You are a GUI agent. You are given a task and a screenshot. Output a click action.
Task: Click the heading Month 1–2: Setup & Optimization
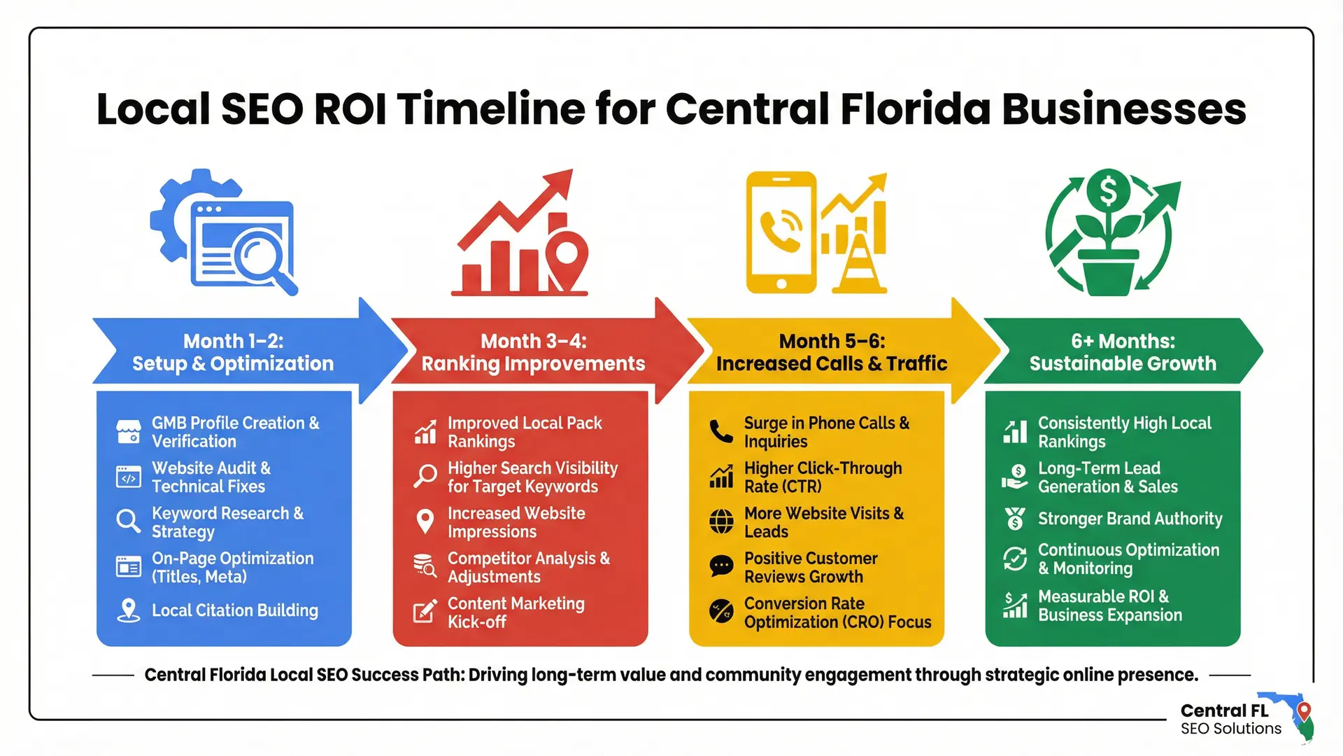[233, 352]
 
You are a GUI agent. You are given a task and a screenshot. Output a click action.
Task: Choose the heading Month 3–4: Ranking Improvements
[533, 352]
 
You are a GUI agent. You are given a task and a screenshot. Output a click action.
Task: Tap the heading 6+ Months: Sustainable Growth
[1123, 352]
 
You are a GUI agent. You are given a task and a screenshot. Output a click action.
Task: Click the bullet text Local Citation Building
[235, 610]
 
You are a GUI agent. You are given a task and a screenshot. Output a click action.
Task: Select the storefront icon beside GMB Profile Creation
[129, 432]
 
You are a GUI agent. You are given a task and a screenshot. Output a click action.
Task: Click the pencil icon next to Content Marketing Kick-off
[425, 612]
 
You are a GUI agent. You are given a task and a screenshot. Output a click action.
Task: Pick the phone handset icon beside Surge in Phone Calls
[721, 431]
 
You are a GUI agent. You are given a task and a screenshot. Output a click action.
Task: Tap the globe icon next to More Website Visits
[721, 521]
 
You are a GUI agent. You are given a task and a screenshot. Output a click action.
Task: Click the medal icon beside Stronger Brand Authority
[1015, 519]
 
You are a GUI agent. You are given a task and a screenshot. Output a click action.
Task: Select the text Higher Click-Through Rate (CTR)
[823, 477]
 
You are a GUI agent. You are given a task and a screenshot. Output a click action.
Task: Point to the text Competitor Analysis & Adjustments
[528, 567]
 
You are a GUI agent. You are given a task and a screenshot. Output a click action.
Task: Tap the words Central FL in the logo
[1224, 710]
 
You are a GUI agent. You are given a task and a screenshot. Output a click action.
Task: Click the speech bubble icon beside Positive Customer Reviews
[721, 566]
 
